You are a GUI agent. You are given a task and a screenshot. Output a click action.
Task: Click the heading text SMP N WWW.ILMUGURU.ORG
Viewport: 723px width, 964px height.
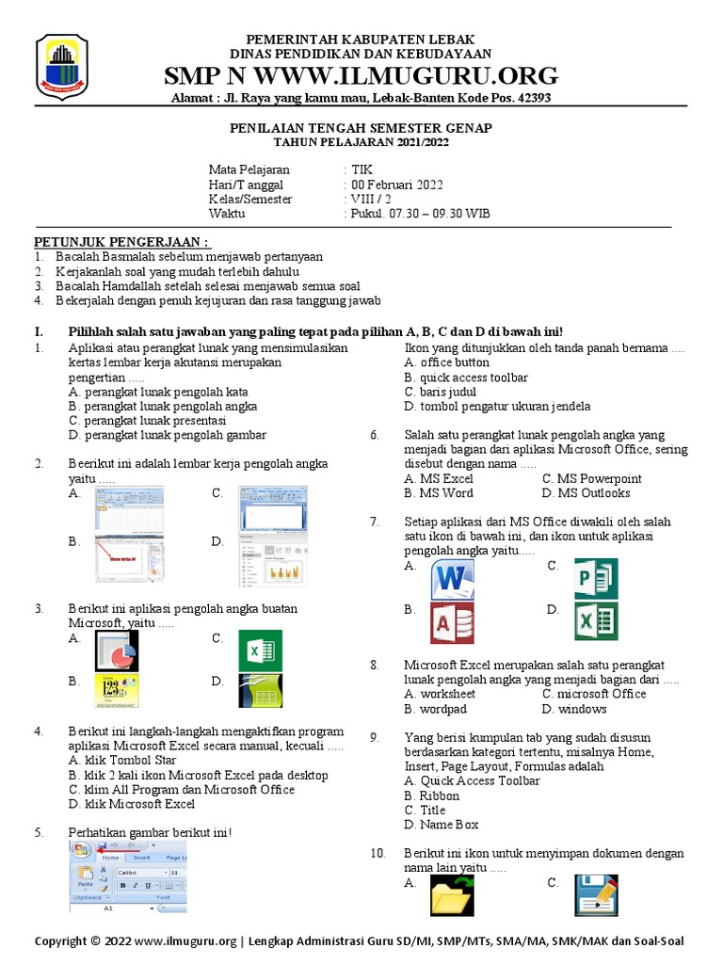click(361, 76)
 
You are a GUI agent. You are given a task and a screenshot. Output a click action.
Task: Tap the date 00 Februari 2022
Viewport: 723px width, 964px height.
click(396, 185)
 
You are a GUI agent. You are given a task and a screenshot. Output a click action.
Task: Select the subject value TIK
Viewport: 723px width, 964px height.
click(361, 169)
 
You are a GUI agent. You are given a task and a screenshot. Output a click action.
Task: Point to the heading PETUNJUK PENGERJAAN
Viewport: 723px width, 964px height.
click(122, 242)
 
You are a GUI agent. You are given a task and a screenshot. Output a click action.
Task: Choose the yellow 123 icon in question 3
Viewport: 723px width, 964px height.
click(116, 691)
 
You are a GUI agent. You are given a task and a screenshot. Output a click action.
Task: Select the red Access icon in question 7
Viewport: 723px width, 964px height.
click(453, 622)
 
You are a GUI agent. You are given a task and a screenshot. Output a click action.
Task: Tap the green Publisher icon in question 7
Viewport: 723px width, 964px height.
click(595, 578)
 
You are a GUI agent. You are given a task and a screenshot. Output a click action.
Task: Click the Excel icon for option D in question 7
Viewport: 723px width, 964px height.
click(595, 622)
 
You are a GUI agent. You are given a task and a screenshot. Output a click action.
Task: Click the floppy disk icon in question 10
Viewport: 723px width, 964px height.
click(595, 895)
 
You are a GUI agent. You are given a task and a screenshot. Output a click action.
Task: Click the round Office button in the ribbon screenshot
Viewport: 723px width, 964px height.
click(81, 847)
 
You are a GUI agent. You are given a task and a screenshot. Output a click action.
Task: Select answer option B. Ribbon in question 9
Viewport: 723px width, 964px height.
click(432, 795)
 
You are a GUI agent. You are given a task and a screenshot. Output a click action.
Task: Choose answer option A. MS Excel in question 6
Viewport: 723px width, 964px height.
click(438, 478)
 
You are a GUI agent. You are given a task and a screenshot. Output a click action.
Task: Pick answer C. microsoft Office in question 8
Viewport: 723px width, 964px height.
click(594, 694)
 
